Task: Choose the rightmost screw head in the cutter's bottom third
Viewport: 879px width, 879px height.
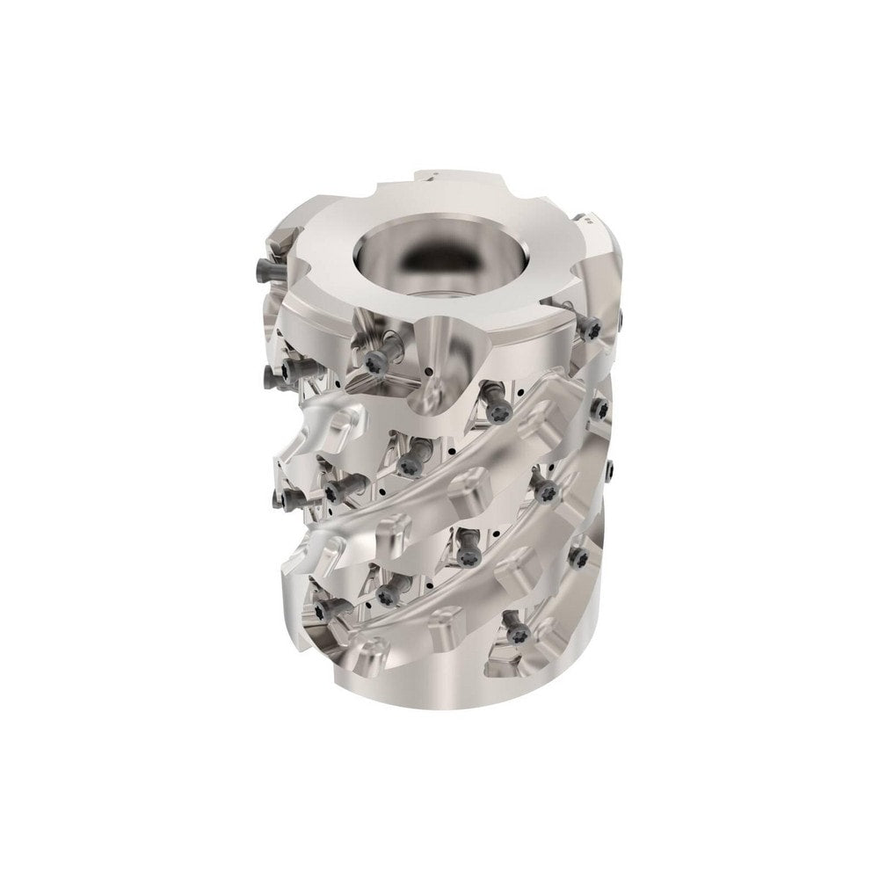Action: tap(580, 553)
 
